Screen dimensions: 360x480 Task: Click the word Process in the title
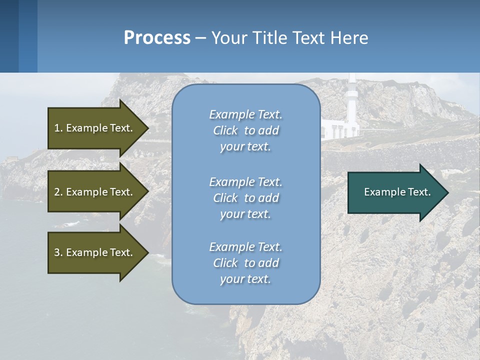(157, 38)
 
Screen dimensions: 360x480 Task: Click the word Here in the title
(349, 38)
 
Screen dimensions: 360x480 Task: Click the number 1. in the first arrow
(58, 128)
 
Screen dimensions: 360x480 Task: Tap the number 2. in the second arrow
(58, 192)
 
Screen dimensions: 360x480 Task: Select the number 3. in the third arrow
(58, 252)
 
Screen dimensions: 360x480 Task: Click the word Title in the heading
(269, 38)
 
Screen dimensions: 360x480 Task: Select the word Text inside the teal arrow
(419, 192)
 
